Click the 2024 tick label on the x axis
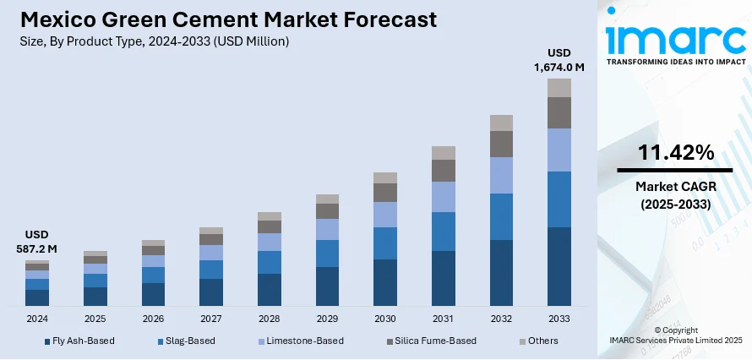click(x=37, y=319)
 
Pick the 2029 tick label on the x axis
click(x=327, y=319)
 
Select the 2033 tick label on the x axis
click(x=559, y=319)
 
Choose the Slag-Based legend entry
click(x=191, y=341)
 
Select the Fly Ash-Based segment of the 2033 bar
click(x=559, y=266)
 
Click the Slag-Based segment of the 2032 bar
click(x=501, y=216)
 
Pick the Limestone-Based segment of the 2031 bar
click(x=443, y=196)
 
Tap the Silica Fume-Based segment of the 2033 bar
click(x=559, y=112)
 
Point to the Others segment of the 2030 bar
click(x=384, y=177)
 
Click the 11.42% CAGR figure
click(x=674, y=153)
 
